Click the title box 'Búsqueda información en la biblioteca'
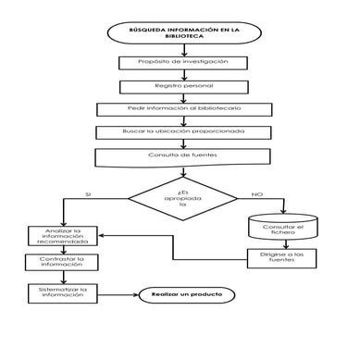180,35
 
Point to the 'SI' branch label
88,194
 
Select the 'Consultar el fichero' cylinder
283,228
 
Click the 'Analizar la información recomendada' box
62,236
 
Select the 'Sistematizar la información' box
62,295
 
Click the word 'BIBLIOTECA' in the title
180,40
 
